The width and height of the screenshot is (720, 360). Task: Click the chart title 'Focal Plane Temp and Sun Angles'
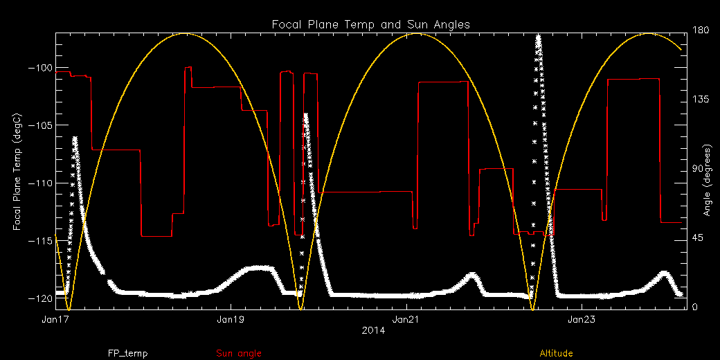pyautogui.click(x=370, y=24)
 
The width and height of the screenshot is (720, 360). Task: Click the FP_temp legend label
pyautogui.click(x=127, y=353)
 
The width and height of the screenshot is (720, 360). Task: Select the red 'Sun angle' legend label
pyautogui.click(x=239, y=353)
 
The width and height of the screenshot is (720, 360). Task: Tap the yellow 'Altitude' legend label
pyautogui.click(x=556, y=353)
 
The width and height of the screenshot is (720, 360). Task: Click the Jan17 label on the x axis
pyautogui.click(x=55, y=320)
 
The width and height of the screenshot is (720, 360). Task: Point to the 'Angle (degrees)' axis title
pyautogui.click(x=708, y=180)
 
